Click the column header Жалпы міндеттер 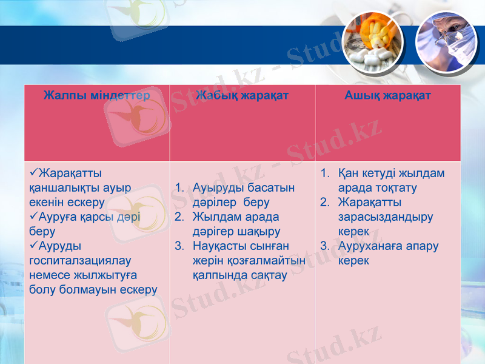[96, 95]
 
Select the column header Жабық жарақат [242, 95]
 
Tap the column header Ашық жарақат [387, 95]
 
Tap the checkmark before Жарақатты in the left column [33, 174]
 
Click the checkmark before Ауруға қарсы [33, 217]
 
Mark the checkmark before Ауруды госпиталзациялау [33, 246]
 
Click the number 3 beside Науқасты [179, 246]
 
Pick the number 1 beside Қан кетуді [324, 174]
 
